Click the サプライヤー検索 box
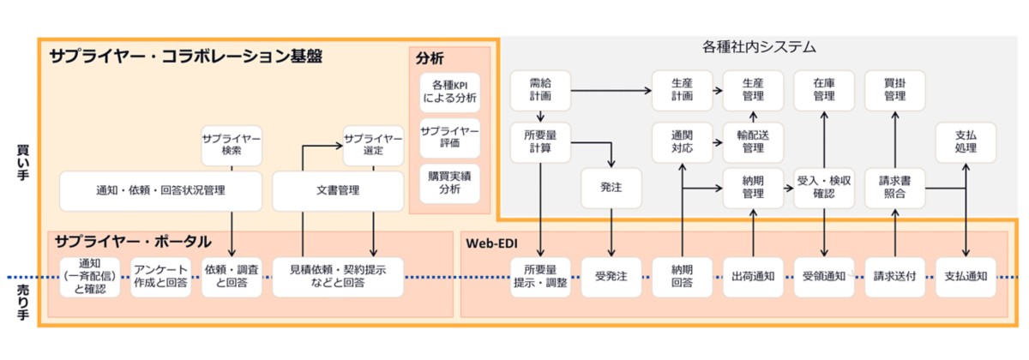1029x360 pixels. point(232,145)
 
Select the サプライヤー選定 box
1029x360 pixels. point(373,145)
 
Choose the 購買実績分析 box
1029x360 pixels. point(450,182)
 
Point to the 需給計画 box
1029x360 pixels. point(540,90)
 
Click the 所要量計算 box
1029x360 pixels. point(540,141)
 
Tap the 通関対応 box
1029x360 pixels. point(682,141)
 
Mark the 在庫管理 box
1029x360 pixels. point(824,90)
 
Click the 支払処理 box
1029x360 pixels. point(966,141)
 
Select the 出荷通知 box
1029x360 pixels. point(753,276)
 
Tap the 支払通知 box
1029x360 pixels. point(966,276)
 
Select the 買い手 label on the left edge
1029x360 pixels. point(23,159)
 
